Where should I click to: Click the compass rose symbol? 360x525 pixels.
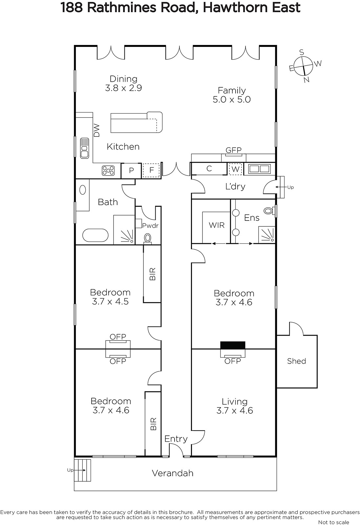(x=304, y=66)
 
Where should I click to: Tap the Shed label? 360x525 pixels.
(x=296, y=361)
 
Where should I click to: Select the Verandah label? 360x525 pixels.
(x=173, y=473)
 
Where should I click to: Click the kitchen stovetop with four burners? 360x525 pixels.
(x=108, y=171)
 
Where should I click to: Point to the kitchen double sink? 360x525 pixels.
(x=84, y=148)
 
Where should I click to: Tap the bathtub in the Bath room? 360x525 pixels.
(x=95, y=235)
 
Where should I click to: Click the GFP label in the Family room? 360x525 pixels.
(x=233, y=150)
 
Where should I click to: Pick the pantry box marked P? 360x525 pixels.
(x=131, y=171)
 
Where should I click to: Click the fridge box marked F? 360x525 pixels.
(x=151, y=170)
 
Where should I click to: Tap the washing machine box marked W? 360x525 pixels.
(x=235, y=169)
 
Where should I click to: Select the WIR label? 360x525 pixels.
(x=217, y=225)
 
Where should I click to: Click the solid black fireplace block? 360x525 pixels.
(x=233, y=345)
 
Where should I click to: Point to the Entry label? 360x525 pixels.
(x=176, y=439)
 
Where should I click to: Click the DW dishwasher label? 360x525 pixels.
(x=96, y=131)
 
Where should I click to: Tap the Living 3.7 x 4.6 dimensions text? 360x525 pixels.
(x=235, y=410)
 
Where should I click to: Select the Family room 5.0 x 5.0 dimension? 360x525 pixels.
(x=232, y=99)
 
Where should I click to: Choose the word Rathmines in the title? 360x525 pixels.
(x=122, y=8)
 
